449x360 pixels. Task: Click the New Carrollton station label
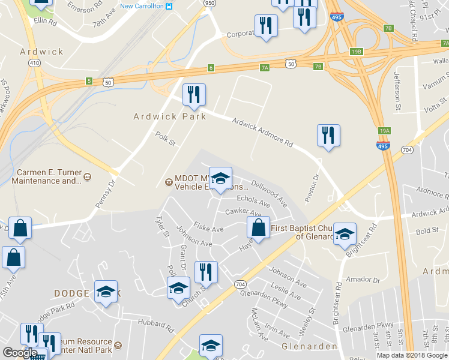pyautogui.click(x=143, y=6)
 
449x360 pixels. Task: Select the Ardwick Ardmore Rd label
pyautogui.click(x=262, y=133)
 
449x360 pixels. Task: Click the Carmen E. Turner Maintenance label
pyautogui.click(x=44, y=176)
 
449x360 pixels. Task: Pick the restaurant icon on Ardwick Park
pyautogui.click(x=193, y=94)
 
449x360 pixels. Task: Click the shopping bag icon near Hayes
pyautogui.click(x=258, y=228)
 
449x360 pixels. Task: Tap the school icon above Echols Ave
pyautogui.click(x=221, y=178)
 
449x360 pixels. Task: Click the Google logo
pyautogui.click(x=20, y=353)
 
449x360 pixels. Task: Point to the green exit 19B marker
pyautogui.click(x=357, y=52)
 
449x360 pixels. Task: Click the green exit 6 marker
pyautogui.click(x=211, y=68)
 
